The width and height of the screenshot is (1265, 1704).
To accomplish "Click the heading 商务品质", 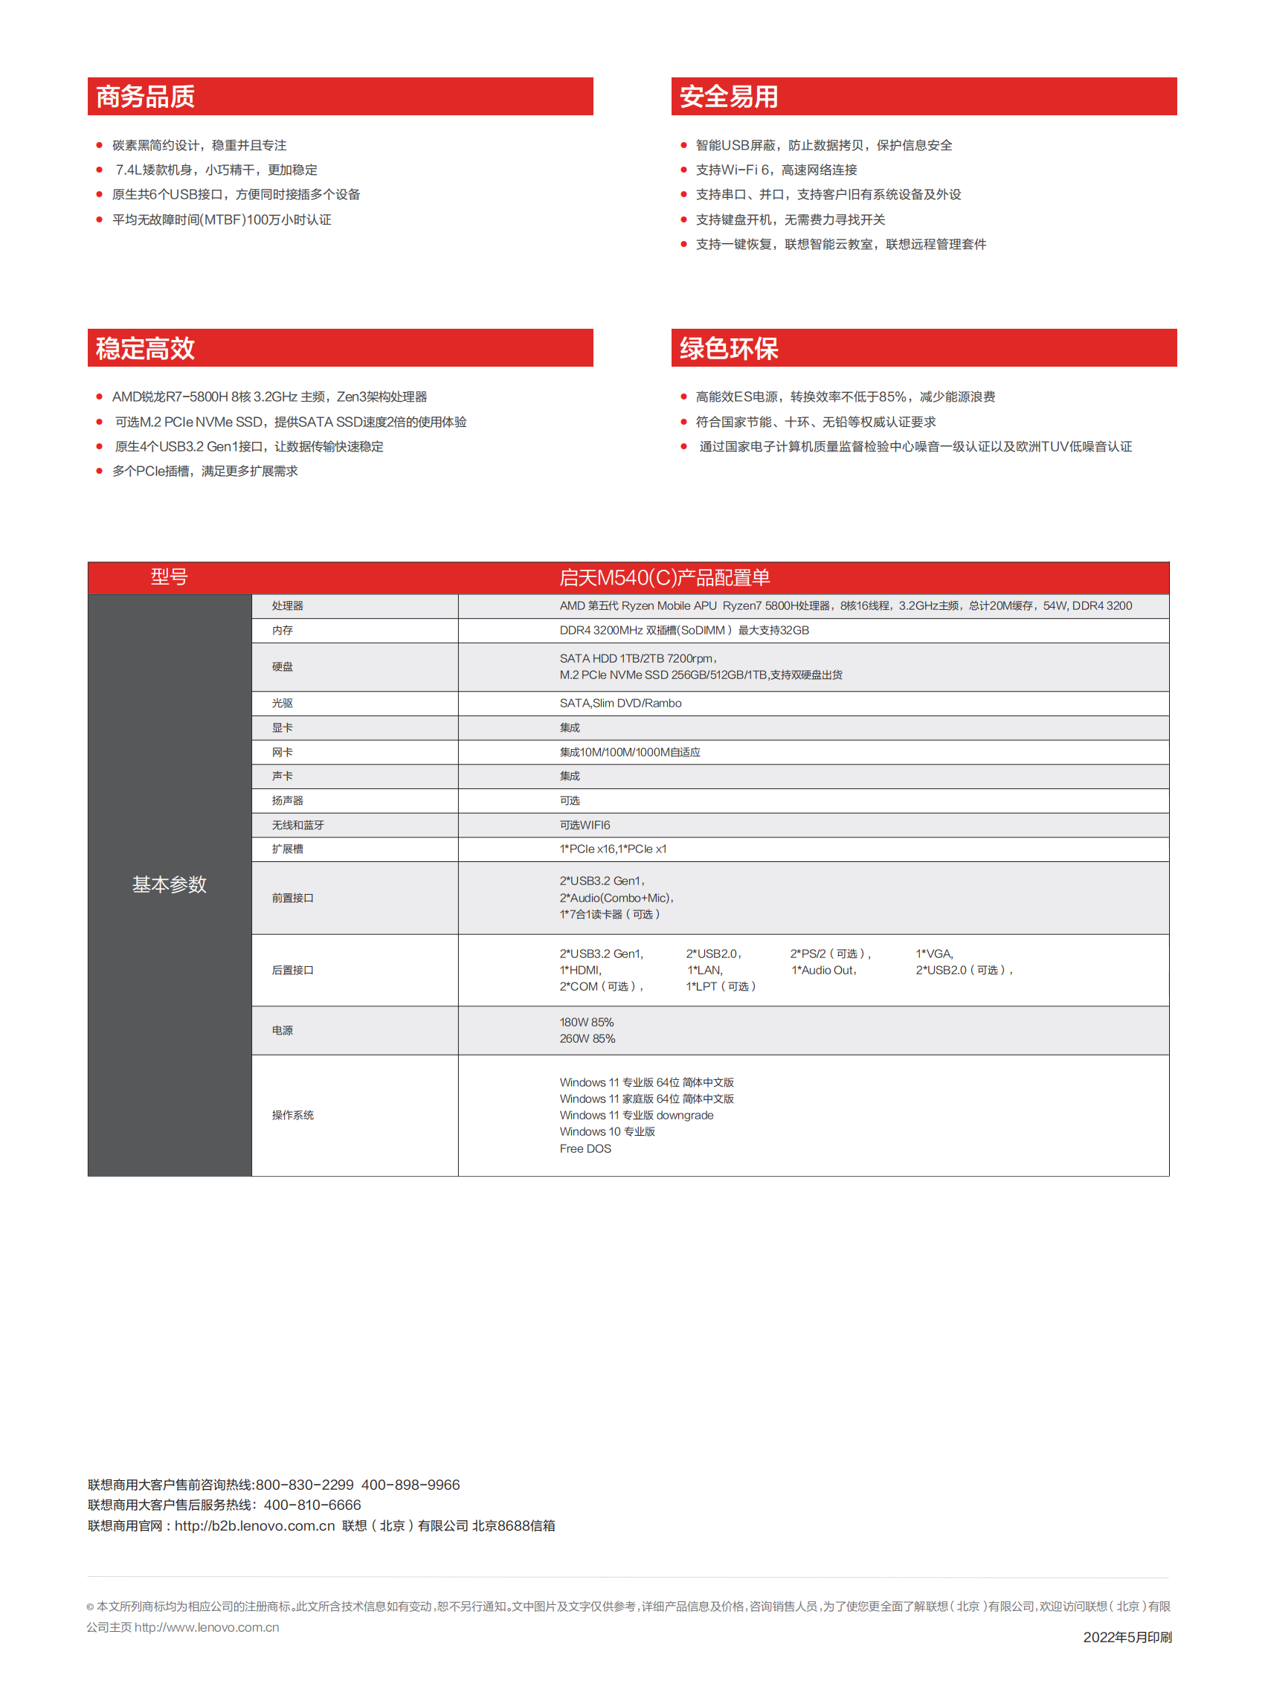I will (x=146, y=97).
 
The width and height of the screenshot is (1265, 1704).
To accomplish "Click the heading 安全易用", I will (x=728, y=97).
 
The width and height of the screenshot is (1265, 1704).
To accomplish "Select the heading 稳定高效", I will (x=146, y=348).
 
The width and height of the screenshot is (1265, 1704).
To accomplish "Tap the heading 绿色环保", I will (x=728, y=348).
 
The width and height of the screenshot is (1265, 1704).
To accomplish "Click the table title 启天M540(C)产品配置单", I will (x=664, y=577).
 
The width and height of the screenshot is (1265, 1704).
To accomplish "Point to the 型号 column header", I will (x=170, y=576).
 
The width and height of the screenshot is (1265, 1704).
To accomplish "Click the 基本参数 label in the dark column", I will (x=170, y=884).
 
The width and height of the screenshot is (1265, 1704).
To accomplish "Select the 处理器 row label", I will (x=287, y=605).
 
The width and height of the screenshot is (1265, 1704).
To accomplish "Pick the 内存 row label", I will (x=282, y=630).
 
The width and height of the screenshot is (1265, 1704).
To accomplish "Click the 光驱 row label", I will (x=282, y=703).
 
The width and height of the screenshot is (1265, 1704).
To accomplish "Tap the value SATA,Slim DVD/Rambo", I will (x=620, y=703).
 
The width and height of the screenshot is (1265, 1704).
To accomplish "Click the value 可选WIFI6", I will (x=585, y=825).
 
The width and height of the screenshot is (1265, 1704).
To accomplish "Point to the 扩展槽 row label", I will (x=287, y=849).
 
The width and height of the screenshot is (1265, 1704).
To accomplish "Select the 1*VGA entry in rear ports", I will (x=934, y=954).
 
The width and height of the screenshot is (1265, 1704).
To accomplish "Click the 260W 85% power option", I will (x=588, y=1038).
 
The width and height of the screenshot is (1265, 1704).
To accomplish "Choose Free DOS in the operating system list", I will (x=585, y=1148).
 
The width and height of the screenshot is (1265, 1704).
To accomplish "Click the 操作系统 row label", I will (x=292, y=1115).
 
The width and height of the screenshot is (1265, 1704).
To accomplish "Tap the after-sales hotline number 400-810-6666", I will (x=312, y=1505).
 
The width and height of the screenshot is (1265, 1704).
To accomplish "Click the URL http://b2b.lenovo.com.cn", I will (x=254, y=1525).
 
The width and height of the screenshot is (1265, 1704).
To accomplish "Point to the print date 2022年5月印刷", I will (x=1127, y=1636).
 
